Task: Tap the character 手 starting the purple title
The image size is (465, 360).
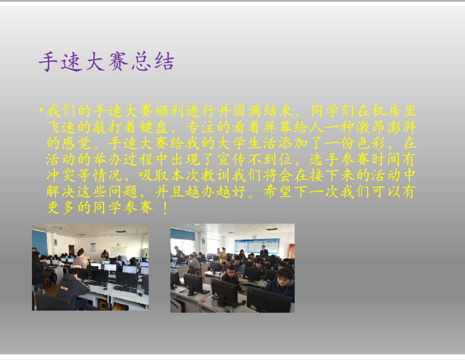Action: tap(48, 62)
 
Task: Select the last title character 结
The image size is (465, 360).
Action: tap(164, 62)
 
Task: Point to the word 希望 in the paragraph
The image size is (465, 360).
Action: tap(278, 192)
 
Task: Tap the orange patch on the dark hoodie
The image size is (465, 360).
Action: tap(64, 288)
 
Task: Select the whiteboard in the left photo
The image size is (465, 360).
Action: tap(119, 252)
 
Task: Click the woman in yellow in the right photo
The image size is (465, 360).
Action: tap(223, 257)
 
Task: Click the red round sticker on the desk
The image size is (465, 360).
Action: tap(203, 302)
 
